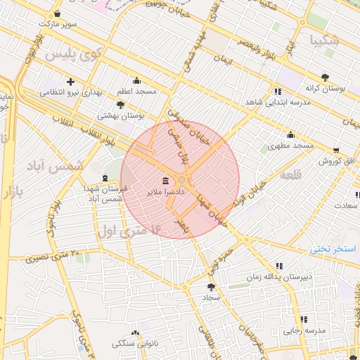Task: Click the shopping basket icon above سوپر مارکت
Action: point(57,13)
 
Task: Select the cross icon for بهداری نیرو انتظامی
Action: point(70,82)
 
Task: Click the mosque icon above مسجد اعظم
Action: point(136,81)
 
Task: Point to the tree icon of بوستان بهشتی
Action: point(121,105)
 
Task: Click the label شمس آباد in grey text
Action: point(55,166)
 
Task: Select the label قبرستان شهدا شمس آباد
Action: point(113,195)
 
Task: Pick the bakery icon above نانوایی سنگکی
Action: point(135,333)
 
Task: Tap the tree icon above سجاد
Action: point(211,287)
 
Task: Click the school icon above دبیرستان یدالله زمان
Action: point(279,266)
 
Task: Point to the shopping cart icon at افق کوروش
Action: point(336,150)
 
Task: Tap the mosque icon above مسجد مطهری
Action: point(290,135)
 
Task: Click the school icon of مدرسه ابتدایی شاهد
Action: point(278,91)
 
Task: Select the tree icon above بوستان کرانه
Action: point(324,77)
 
